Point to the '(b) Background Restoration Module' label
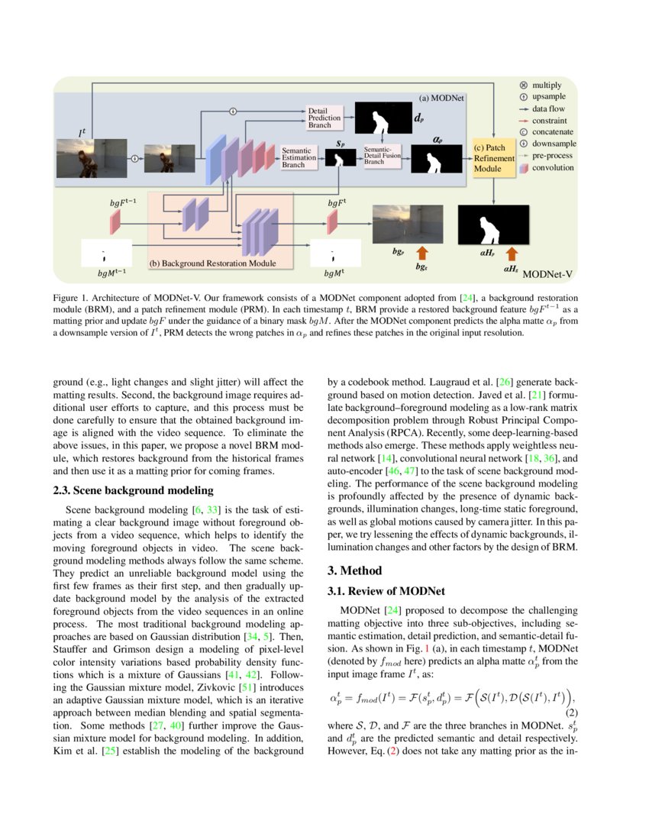click(212, 263)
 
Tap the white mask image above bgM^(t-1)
click(104, 254)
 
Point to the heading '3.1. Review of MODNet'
click(386, 591)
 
